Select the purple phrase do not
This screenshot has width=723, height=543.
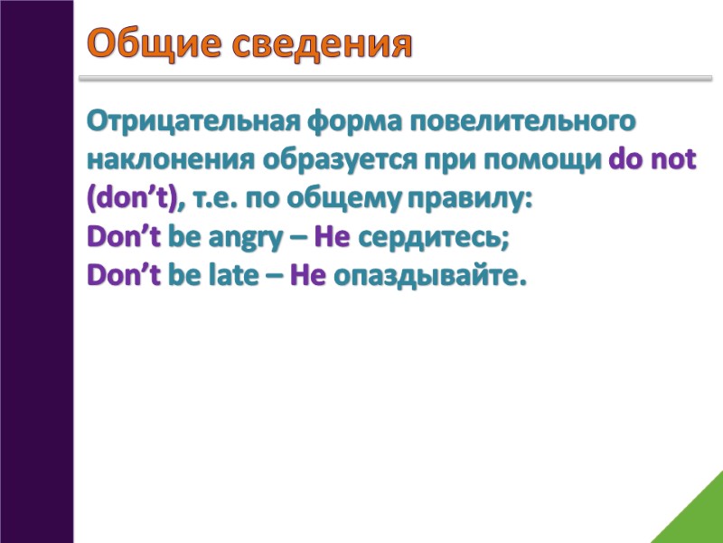tap(653, 160)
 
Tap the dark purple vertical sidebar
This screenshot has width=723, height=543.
tap(36, 271)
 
